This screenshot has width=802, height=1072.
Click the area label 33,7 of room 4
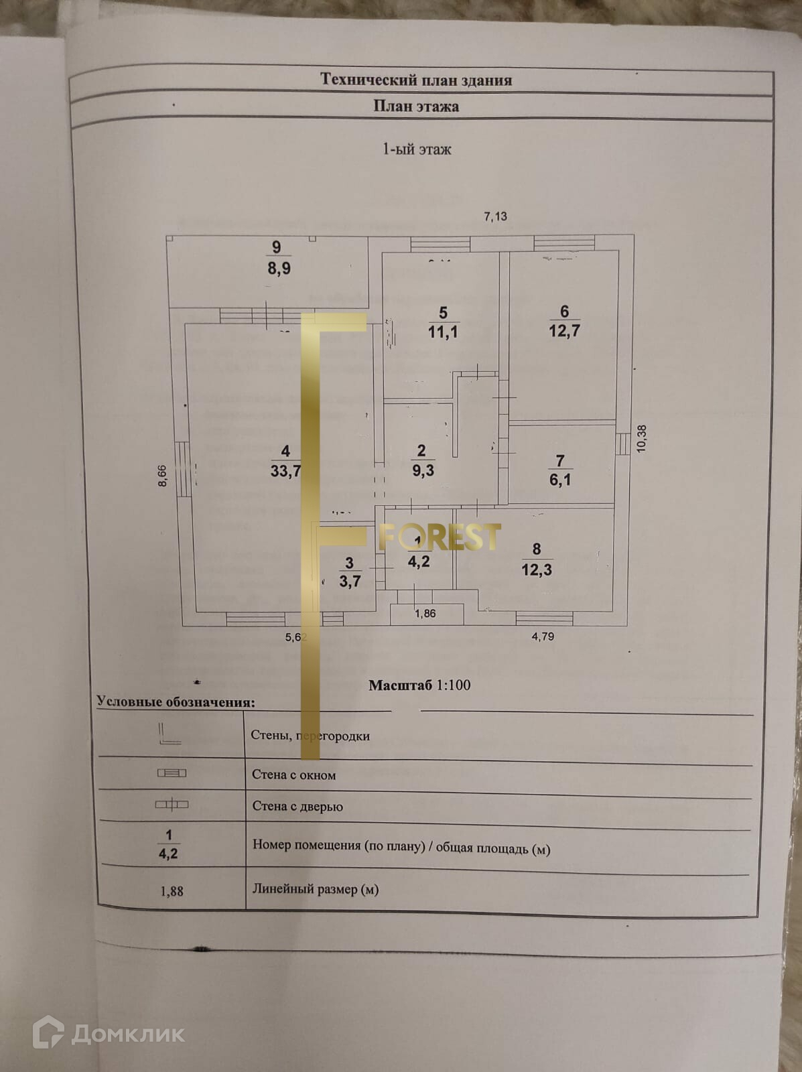coord(285,471)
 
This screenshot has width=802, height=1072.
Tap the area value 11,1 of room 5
coord(443,332)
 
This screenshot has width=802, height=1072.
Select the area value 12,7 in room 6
coord(564,330)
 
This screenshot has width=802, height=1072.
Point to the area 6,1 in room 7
coord(560,480)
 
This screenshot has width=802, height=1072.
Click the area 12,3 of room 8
coord(537,569)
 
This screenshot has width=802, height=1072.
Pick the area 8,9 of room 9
coord(279,269)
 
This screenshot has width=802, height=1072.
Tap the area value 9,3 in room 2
coord(423,470)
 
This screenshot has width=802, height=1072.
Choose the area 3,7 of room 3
coord(350,581)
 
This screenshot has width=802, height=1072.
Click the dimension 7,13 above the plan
coord(495,216)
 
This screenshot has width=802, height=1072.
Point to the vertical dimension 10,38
coord(642,439)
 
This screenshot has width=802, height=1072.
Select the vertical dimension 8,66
coord(162,476)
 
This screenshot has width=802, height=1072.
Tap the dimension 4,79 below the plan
coord(543,636)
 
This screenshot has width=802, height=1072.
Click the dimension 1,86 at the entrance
coord(425,613)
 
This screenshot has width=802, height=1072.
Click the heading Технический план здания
coord(416,80)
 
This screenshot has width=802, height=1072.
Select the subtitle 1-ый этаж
coord(417,149)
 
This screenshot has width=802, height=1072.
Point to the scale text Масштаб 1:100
coord(419,685)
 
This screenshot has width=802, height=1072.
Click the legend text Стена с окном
coord(294,775)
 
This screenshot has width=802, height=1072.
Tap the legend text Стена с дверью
coord(297,806)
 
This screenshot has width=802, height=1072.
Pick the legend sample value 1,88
coord(172,891)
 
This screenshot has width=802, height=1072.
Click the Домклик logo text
coord(127,1034)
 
